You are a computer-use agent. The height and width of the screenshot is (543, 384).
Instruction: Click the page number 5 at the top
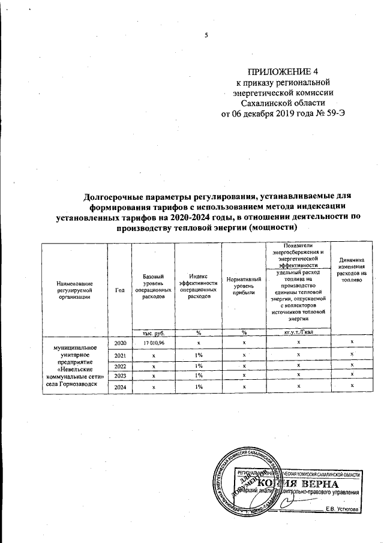coord(206,35)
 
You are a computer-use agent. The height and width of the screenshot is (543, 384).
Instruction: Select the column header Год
coord(119,290)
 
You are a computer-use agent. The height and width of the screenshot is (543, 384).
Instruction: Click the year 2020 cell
coord(119,342)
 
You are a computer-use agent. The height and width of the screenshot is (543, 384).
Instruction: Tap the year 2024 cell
coord(119,388)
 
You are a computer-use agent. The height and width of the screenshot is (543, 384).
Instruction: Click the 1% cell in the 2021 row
coord(197,355)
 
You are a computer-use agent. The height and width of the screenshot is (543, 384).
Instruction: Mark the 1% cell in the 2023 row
coord(197,376)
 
